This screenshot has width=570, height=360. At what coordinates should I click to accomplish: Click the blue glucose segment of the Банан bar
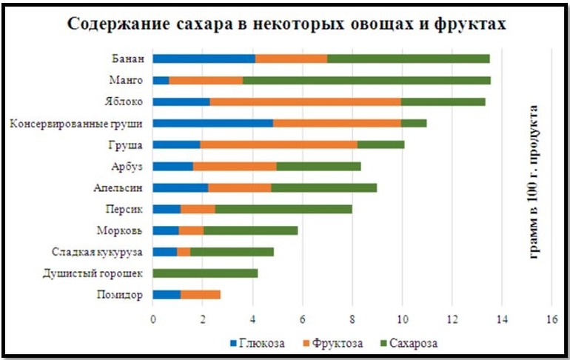click(x=204, y=59)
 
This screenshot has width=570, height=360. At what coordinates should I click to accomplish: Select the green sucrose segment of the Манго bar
click(x=366, y=80)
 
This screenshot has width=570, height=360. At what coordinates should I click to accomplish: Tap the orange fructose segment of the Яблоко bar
click(x=305, y=101)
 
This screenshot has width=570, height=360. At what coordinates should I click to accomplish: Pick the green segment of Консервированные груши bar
click(x=414, y=123)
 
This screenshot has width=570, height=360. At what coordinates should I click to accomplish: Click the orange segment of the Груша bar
click(x=278, y=144)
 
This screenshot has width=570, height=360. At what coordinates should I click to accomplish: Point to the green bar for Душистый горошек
click(x=205, y=273)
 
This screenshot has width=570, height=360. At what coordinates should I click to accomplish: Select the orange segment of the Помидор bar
click(x=200, y=295)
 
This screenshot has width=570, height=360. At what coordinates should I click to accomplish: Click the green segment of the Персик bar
click(x=284, y=209)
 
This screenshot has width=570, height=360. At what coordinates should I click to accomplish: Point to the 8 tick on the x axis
click(x=352, y=319)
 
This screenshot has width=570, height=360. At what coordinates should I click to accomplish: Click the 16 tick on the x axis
click(x=551, y=319)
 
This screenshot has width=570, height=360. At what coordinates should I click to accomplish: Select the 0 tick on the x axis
click(x=153, y=319)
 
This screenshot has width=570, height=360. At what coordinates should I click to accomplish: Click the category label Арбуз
click(x=125, y=166)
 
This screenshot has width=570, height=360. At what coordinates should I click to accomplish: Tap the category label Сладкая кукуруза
click(x=97, y=252)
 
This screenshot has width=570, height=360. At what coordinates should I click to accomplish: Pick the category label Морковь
click(x=120, y=230)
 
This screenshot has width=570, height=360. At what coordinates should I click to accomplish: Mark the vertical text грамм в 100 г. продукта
click(x=534, y=180)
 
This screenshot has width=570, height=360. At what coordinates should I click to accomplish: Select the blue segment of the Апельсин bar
click(x=181, y=187)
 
